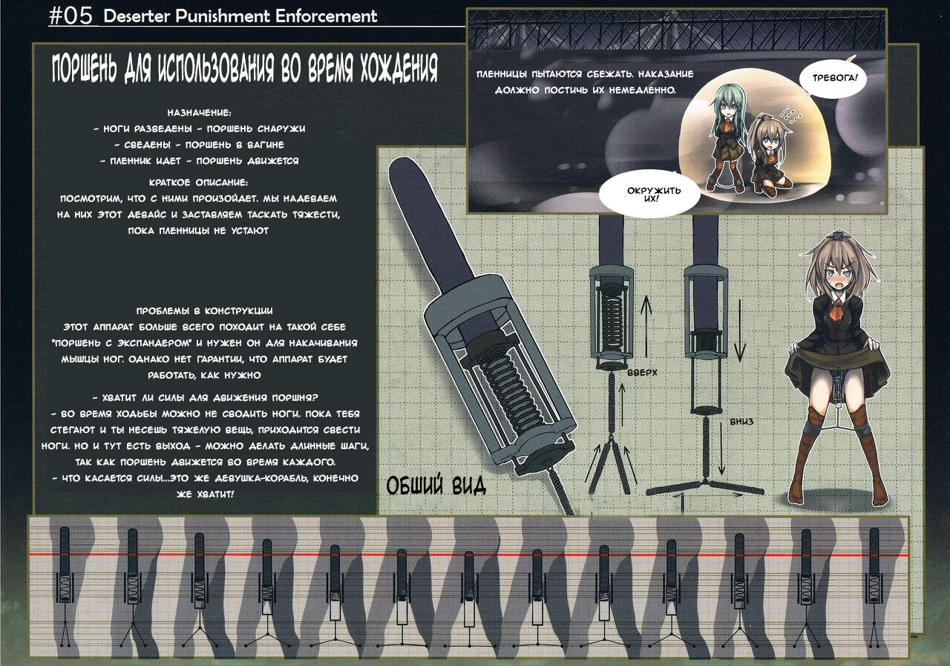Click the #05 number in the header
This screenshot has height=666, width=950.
point(71,16)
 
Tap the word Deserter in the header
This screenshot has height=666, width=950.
point(137,16)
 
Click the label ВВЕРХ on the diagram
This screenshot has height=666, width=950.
point(643,373)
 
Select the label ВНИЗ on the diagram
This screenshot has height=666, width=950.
point(741,422)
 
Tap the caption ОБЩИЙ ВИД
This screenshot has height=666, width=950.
point(436,486)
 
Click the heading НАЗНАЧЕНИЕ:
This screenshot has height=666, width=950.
point(200,113)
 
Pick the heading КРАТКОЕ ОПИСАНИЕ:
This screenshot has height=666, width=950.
point(198,183)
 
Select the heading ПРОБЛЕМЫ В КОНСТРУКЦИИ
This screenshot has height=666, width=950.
point(204,311)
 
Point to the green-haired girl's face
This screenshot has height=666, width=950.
point(721,111)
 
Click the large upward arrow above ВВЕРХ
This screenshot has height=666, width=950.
point(646,327)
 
